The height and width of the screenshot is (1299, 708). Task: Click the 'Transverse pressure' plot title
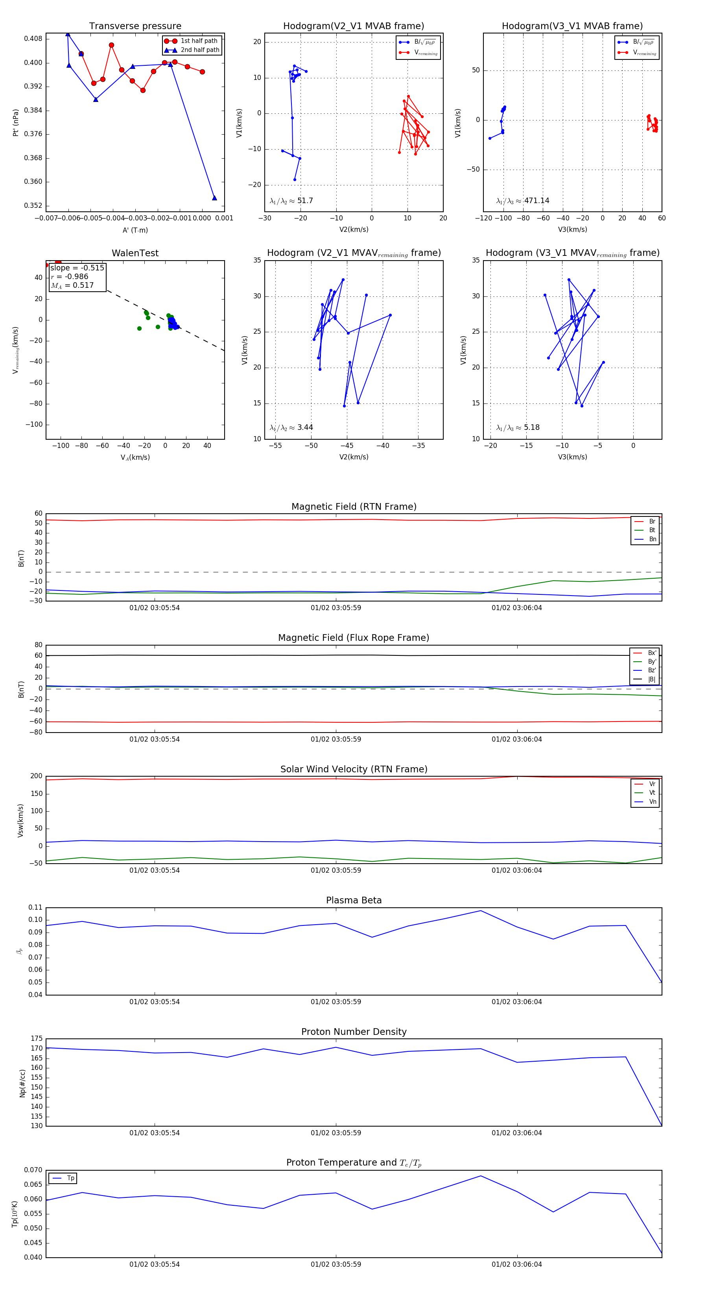point(135,26)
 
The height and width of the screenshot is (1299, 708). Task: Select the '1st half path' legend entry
point(199,41)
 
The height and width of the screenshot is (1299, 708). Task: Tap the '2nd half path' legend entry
point(199,50)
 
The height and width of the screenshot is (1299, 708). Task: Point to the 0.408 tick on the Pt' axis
point(33,39)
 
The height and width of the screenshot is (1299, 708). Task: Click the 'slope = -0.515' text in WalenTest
point(77,268)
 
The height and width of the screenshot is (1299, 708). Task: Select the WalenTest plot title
point(135,253)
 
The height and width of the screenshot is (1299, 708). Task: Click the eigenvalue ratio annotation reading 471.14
point(523,201)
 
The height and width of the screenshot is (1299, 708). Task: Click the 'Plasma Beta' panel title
point(354,900)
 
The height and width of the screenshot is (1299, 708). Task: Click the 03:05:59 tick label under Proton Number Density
point(336,1132)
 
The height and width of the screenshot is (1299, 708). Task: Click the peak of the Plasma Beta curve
point(480,911)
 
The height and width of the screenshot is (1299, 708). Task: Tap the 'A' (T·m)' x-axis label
point(135,230)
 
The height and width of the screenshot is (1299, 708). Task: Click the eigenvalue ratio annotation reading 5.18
point(518,427)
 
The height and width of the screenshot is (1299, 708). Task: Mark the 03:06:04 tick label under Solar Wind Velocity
point(516,870)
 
